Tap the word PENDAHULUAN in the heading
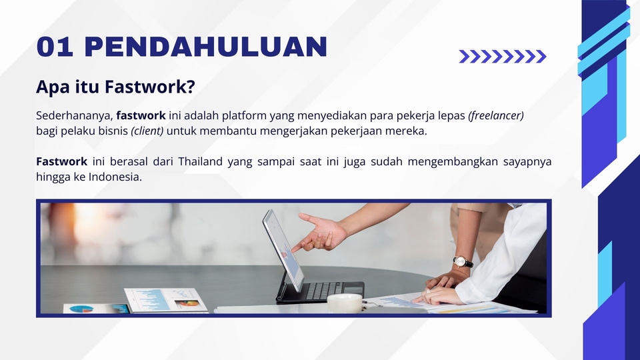pos(206,47)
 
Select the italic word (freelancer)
pos(496,115)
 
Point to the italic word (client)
pos(147,131)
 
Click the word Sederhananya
pos(73,115)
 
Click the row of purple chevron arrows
pos(503,57)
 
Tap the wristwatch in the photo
pos(463,261)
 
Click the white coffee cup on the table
pos(345,303)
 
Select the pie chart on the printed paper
pos(82,309)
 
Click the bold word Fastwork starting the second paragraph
pos(61,162)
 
